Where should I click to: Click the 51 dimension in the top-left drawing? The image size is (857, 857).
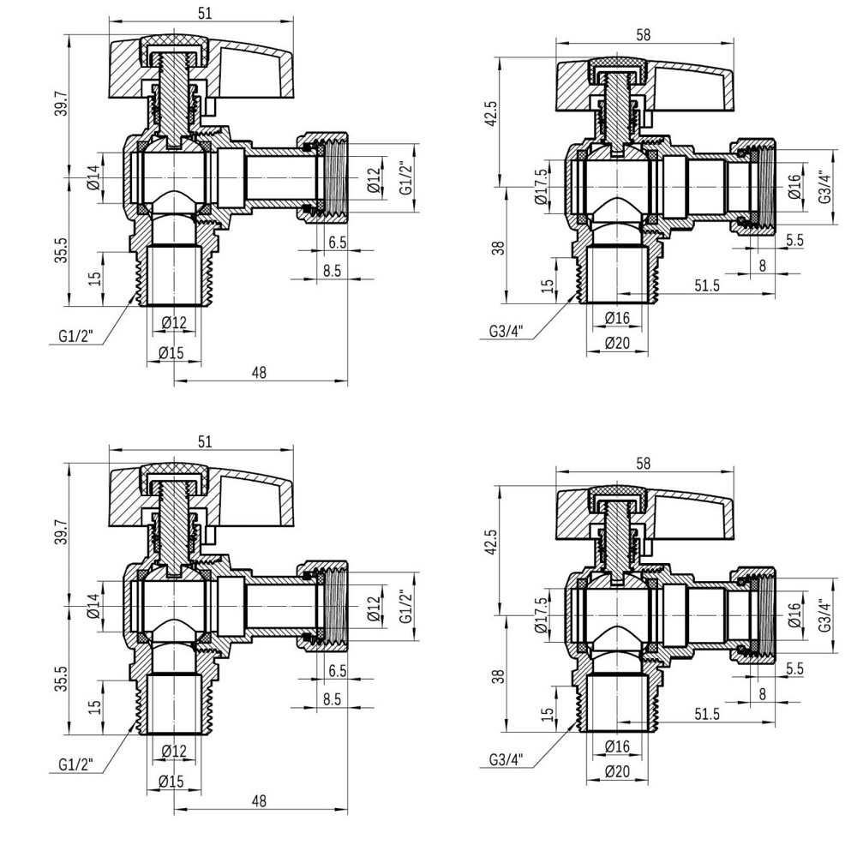click(x=205, y=13)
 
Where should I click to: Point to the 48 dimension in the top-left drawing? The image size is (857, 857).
click(x=260, y=372)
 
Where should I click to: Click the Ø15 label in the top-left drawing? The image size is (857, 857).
click(x=174, y=351)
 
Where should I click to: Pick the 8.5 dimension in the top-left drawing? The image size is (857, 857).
click(x=332, y=270)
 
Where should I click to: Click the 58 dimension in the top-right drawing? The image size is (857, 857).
click(x=644, y=34)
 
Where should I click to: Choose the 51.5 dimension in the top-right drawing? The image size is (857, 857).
click(x=707, y=285)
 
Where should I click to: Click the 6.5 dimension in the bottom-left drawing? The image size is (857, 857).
click(x=337, y=670)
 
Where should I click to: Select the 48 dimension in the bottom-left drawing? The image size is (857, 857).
click(x=260, y=800)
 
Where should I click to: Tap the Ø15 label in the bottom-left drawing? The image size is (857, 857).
click(x=174, y=780)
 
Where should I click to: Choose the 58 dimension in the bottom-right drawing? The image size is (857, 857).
click(x=644, y=463)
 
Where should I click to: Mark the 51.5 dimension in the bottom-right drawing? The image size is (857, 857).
click(x=707, y=714)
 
